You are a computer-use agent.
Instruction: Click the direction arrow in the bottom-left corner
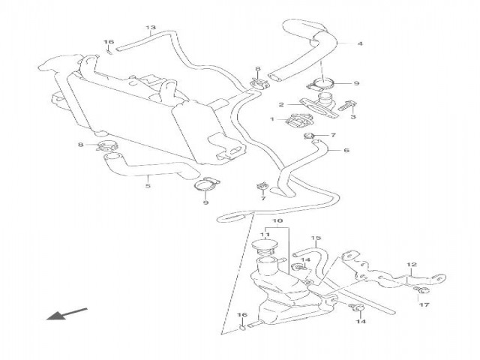coord(67,313)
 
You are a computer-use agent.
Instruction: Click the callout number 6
coord(346,150)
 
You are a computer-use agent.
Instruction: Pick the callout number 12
coord(411,265)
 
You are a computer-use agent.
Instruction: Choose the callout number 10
coord(277,222)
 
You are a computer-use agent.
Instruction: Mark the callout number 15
coord(316,238)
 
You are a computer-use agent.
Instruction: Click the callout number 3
coord(353,116)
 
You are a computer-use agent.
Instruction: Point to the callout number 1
coord(273,119)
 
